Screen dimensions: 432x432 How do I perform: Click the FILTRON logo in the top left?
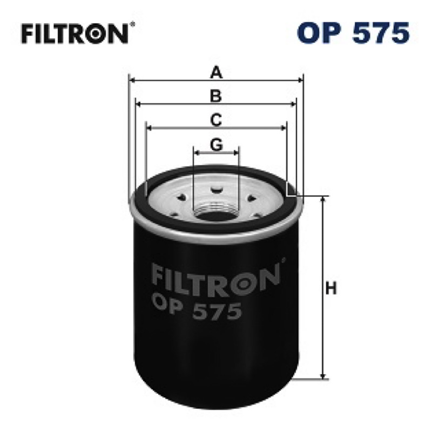pyautogui.click(x=75, y=33)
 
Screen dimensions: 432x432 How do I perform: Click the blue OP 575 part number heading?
pyautogui.click(x=353, y=33)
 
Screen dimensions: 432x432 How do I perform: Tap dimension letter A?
pyautogui.click(x=216, y=73)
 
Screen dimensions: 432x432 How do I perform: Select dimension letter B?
pyautogui.click(x=216, y=96)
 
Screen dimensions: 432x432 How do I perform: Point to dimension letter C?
pyautogui.click(x=216, y=120)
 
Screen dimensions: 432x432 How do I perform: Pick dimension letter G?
pyautogui.click(x=217, y=144)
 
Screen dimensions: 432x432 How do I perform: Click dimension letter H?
pyautogui.click(x=331, y=289)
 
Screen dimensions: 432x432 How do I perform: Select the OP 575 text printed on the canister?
pyautogui.click(x=196, y=308)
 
